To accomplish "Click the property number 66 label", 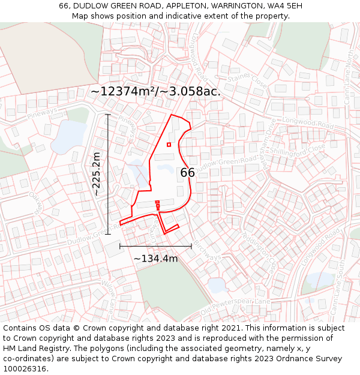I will coord(188,173).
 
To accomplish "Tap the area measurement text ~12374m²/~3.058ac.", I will coord(155,92).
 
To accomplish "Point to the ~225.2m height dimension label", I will coord(96,174).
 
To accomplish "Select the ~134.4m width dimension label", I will coord(155,259).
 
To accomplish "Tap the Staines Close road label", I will coord(243,77).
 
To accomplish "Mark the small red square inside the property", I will coord(169,145).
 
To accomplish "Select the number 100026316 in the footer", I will coord(25,369).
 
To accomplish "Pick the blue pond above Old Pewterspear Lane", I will coord(216,284).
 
